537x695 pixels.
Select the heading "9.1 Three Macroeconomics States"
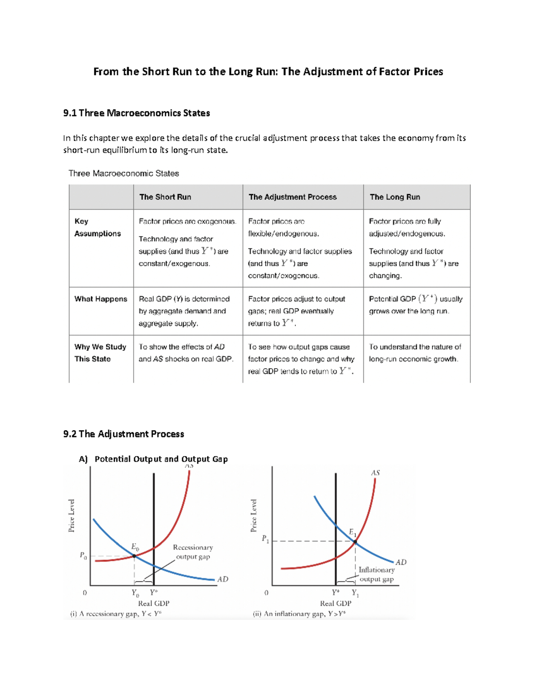(x=136, y=113)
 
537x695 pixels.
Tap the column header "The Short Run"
(x=165, y=197)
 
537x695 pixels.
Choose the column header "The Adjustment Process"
(x=293, y=197)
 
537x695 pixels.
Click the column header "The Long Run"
(x=395, y=197)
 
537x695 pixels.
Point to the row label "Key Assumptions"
(x=98, y=227)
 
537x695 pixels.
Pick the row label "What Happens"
(x=101, y=299)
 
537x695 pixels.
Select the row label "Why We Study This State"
(x=100, y=353)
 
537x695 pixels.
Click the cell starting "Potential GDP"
(x=415, y=305)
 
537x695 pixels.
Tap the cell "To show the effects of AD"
(x=186, y=353)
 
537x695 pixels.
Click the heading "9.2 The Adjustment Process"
(x=124, y=434)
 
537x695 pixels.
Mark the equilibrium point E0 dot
(x=134, y=556)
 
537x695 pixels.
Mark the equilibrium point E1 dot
(x=355, y=542)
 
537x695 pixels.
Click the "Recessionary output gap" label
(x=193, y=552)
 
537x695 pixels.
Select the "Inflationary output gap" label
(x=376, y=574)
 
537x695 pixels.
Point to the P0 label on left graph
(x=83, y=555)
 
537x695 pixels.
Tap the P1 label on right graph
(x=265, y=539)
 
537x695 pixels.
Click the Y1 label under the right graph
(x=355, y=593)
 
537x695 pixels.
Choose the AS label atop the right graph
(x=375, y=473)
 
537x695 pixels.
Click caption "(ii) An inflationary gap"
(x=299, y=614)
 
